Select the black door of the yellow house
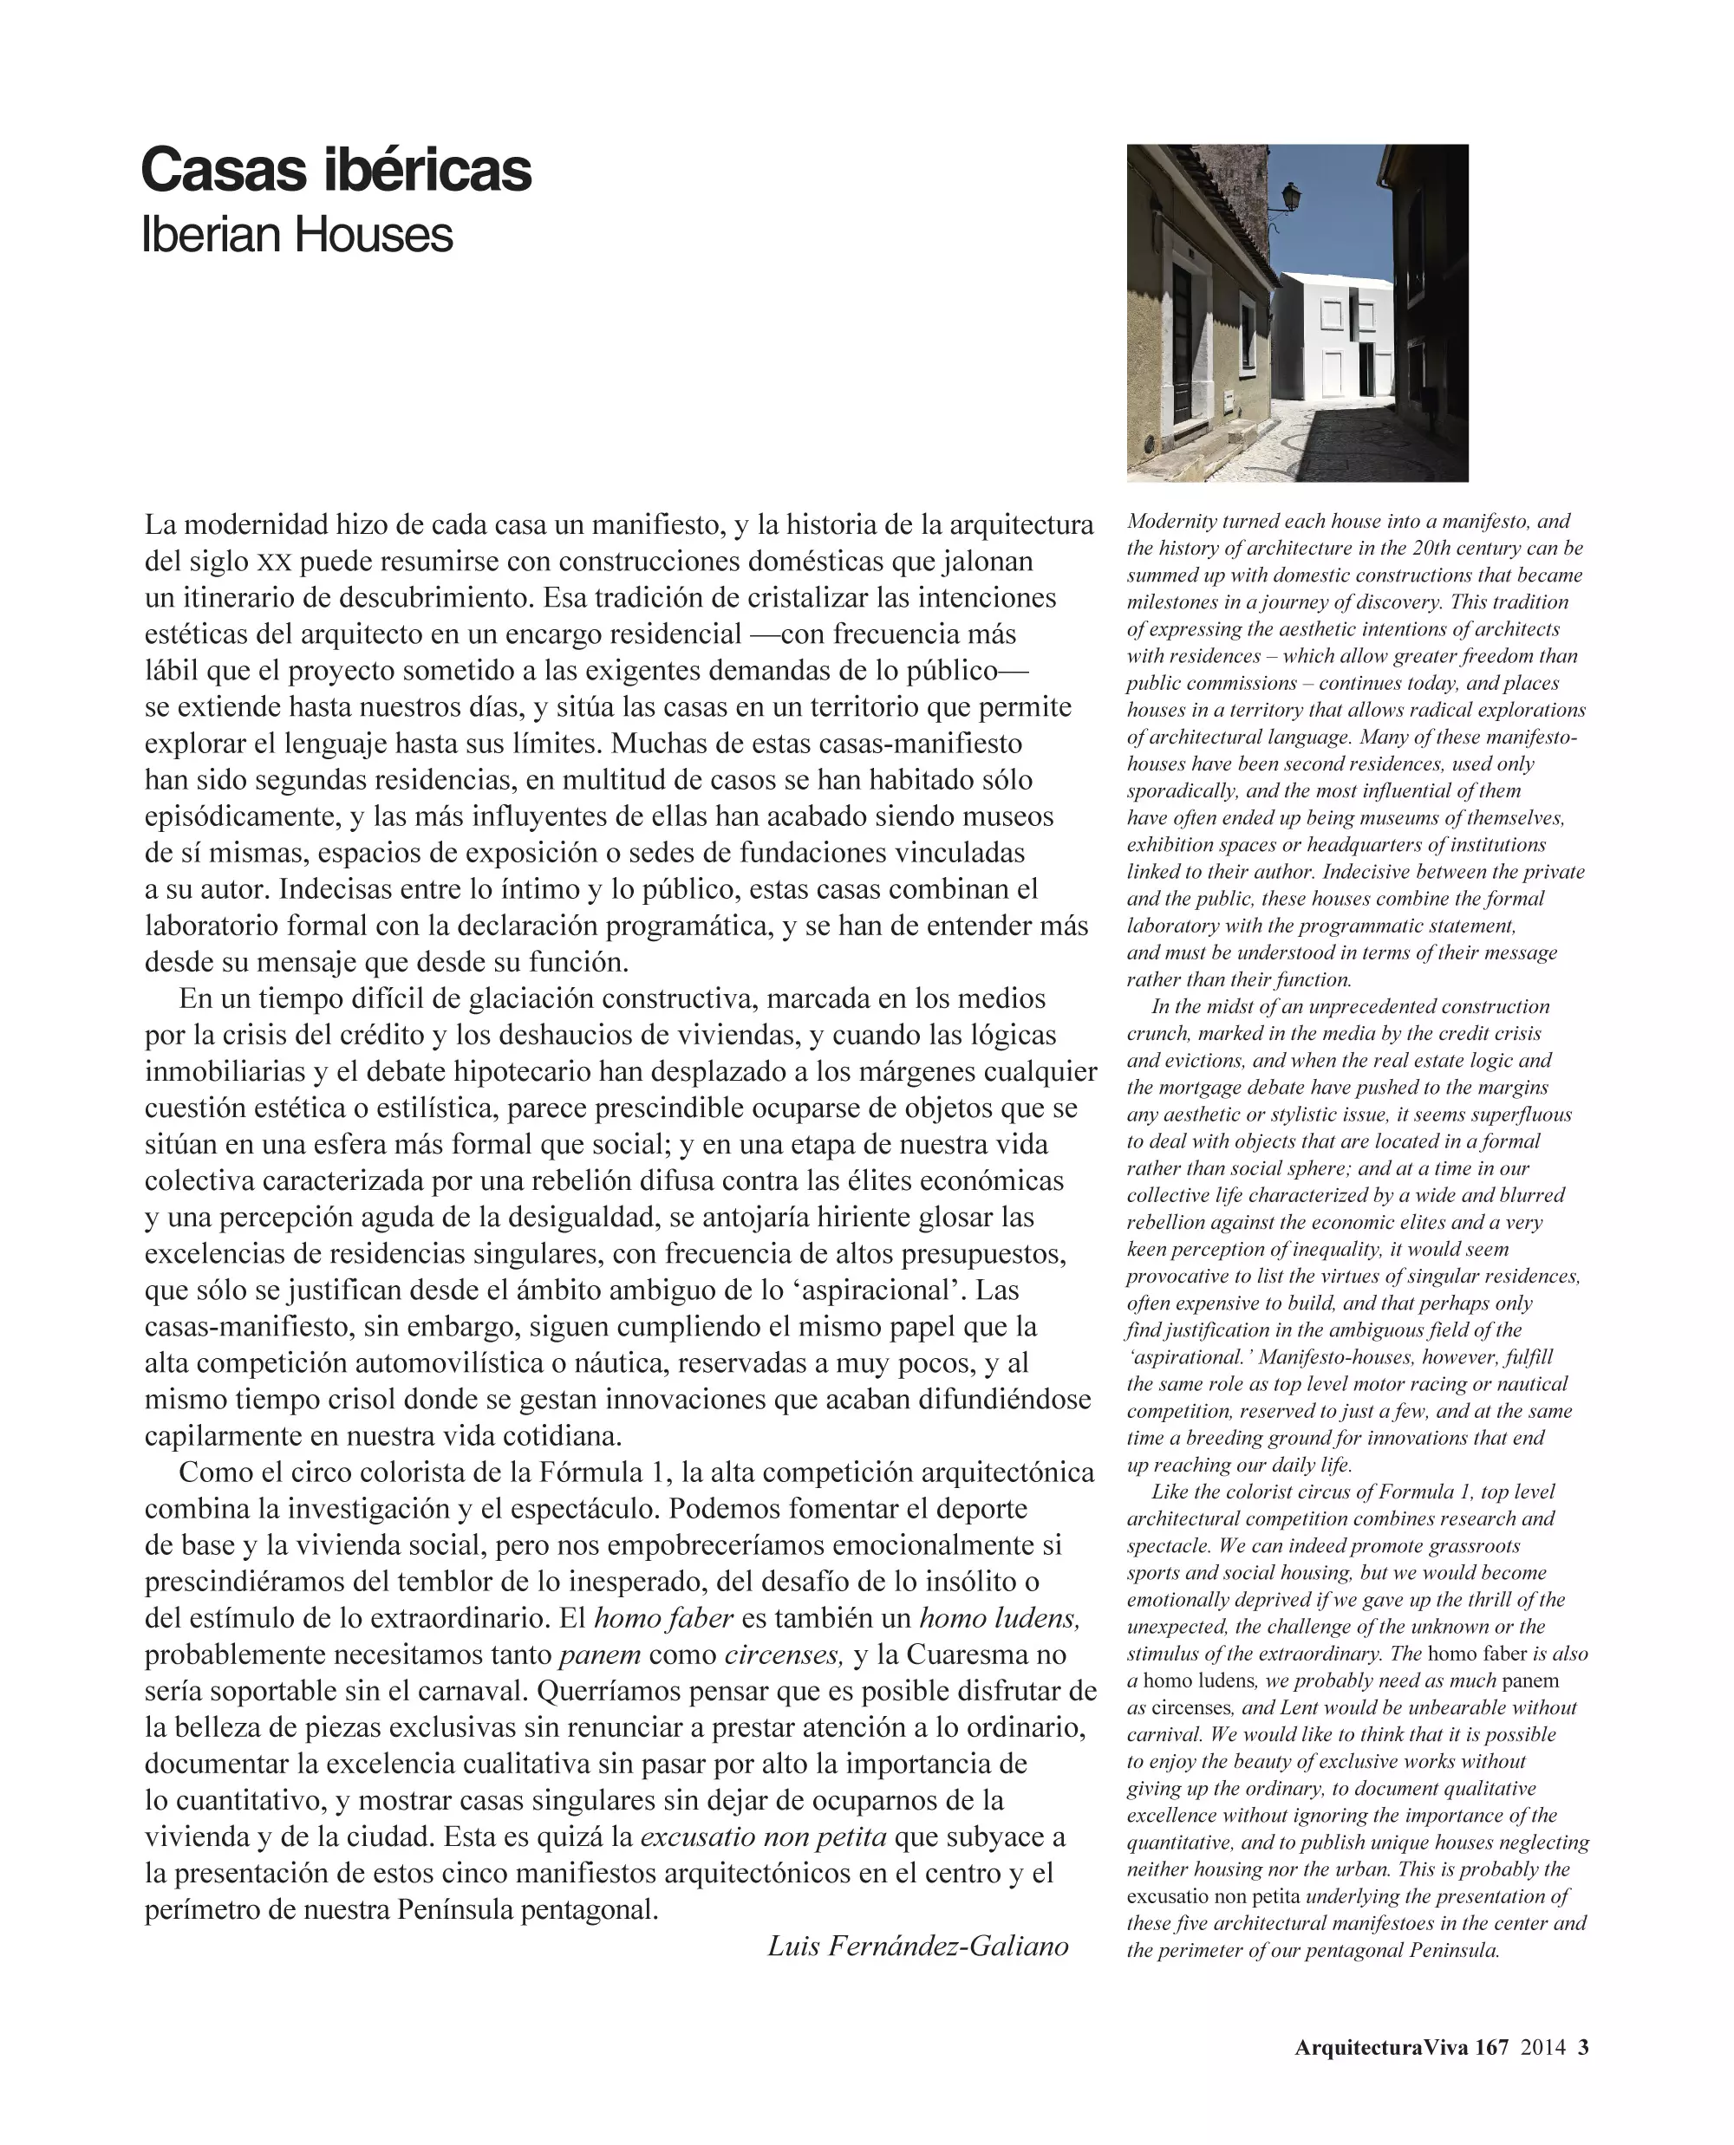click(x=1182, y=345)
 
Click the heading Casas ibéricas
click(x=336, y=170)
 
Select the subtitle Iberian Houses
click(x=297, y=236)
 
